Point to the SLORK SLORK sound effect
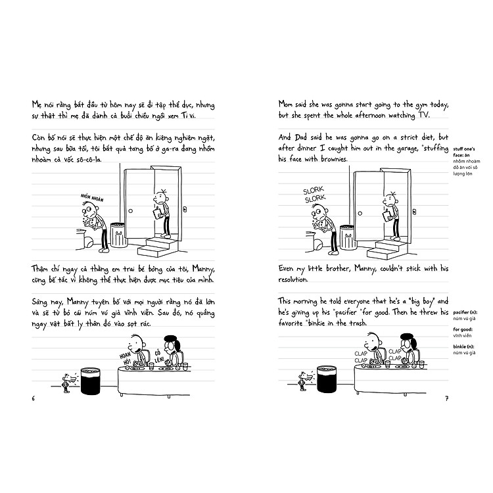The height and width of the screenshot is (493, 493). (314, 194)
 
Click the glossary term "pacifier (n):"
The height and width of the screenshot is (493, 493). (465, 310)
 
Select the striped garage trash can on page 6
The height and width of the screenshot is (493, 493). (119, 235)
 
